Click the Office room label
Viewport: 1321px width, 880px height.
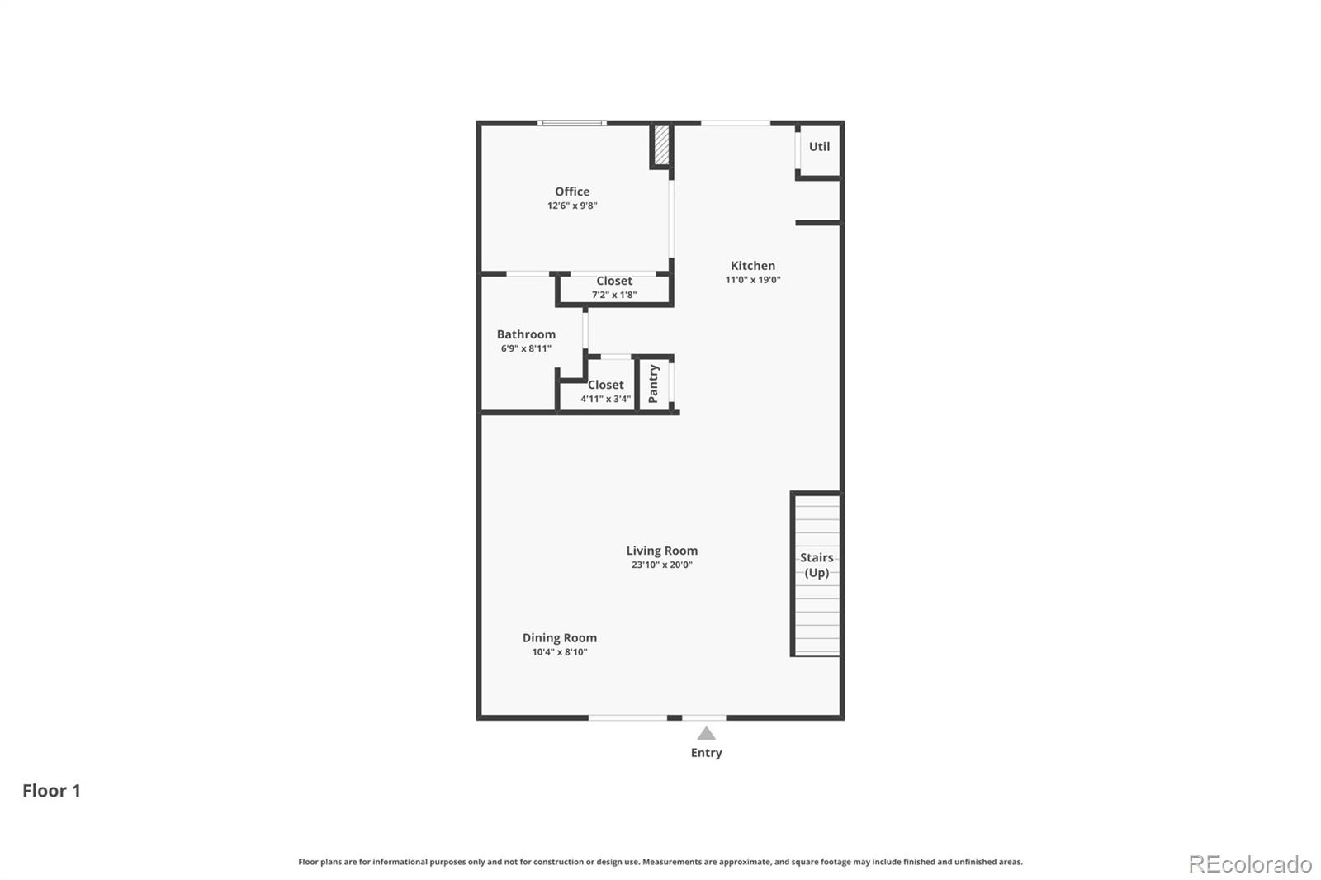(572, 192)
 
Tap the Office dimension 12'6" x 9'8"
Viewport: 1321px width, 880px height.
(572, 206)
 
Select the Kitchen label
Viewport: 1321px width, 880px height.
(753, 266)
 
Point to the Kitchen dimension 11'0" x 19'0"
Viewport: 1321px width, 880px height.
(753, 280)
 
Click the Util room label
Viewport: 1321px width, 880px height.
(819, 147)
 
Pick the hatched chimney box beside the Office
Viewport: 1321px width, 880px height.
(661, 145)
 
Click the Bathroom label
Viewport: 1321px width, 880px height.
(526, 334)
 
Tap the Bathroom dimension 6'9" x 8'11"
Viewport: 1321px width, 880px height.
(526, 348)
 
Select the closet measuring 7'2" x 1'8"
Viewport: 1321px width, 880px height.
(614, 287)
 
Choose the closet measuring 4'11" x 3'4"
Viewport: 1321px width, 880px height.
(605, 391)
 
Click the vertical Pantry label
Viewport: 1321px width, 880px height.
(653, 384)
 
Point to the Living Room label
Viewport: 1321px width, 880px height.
(661, 551)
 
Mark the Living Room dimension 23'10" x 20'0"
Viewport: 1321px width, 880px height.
(661, 565)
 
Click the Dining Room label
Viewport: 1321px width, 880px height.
(559, 638)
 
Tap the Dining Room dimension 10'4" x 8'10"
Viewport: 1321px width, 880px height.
(559, 652)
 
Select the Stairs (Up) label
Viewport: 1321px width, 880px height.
(817, 565)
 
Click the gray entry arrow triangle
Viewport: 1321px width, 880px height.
(706, 734)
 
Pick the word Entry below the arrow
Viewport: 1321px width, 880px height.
(706, 753)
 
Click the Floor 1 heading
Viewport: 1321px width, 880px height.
(51, 791)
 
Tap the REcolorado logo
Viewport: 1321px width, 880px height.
(1250, 864)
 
